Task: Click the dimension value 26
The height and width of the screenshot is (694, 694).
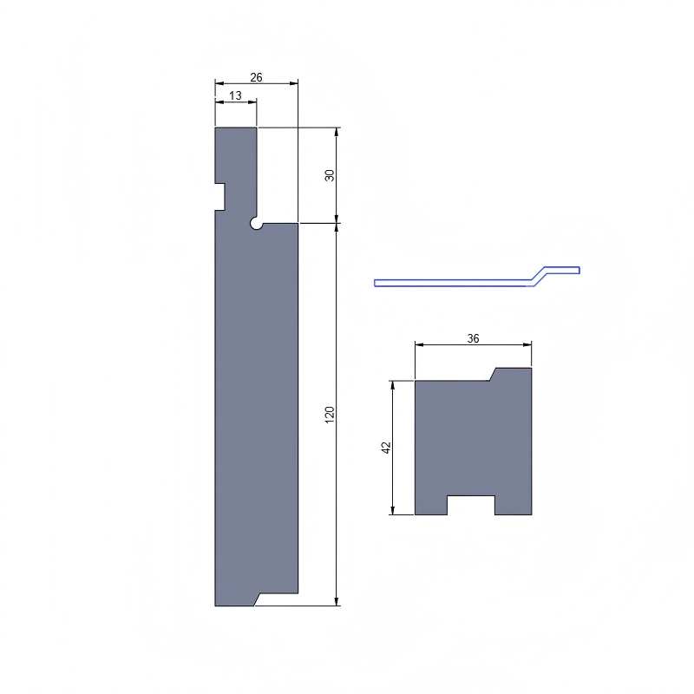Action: click(256, 77)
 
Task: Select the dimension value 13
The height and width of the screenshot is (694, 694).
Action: click(236, 95)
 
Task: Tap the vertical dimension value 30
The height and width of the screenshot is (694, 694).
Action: click(330, 175)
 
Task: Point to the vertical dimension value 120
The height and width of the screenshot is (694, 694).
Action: click(330, 414)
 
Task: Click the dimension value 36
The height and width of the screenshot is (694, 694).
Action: click(473, 338)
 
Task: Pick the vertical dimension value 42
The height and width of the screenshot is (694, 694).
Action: click(387, 448)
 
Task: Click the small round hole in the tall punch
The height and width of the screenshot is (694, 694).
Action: click(257, 224)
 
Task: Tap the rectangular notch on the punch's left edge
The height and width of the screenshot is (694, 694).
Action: click(220, 196)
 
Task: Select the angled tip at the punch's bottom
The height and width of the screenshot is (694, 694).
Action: click(255, 599)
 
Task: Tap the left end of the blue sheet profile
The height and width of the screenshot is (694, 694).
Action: click(377, 283)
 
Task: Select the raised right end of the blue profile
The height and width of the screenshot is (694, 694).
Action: click(573, 269)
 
